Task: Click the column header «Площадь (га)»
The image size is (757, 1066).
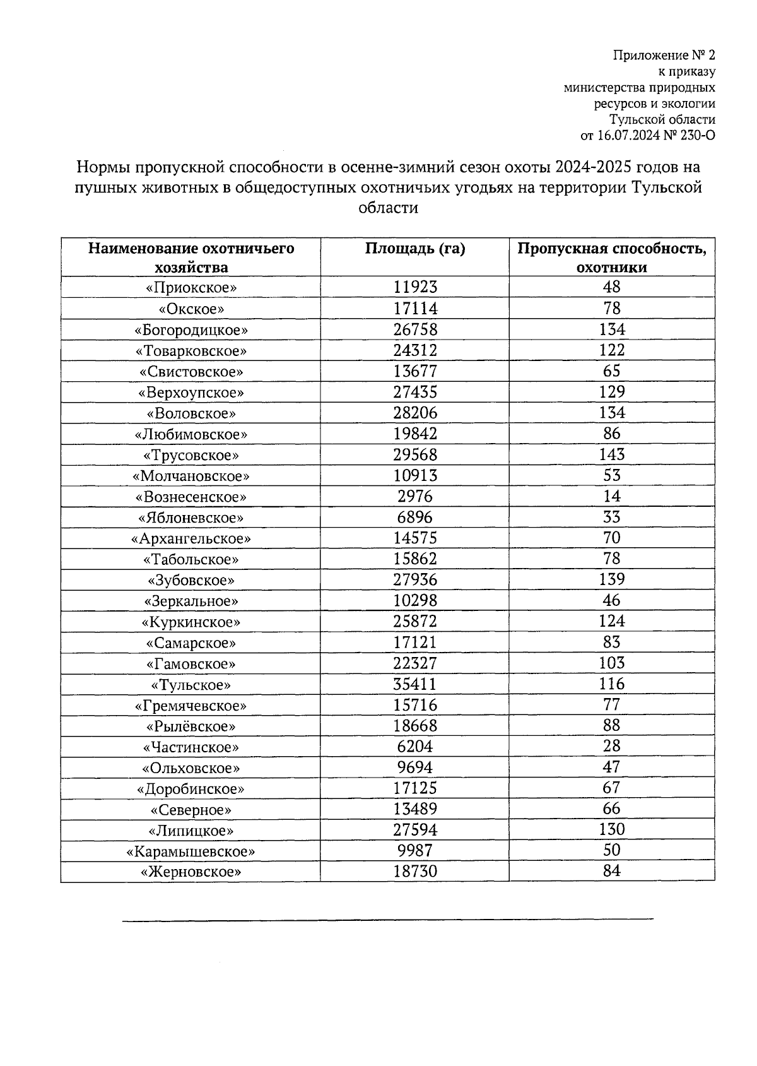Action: click(x=414, y=249)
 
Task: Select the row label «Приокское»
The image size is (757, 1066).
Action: click(x=191, y=288)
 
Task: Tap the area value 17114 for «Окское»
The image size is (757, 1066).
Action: click(x=414, y=308)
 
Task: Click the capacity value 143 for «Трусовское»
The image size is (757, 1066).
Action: click(x=611, y=454)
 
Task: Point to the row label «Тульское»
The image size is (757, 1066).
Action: click(x=191, y=685)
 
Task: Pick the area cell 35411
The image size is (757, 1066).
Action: click(x=414, y=684)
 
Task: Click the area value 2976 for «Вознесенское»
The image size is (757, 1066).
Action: click(x=414, y=496)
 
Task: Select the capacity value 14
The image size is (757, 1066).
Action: click(x=611, y=496)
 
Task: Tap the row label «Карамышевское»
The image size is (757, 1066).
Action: click(x=191, y=851)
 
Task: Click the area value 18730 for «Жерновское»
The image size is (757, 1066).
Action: click(x=414, y=872)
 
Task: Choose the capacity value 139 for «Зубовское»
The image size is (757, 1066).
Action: click(x=611, y=579)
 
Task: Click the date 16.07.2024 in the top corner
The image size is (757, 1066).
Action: click(x=625, y=135)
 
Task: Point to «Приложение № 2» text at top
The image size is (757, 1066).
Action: click(x=664, y=56)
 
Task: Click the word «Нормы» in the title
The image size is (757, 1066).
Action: click(x=96, y=168)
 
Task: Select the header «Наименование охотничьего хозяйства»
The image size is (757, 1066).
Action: click(x=191, y=258)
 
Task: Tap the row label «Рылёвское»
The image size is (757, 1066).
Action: click(x=191, y=726)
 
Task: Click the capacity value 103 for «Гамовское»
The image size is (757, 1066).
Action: click(x=611, y=663)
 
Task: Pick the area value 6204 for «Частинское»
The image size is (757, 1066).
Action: click(x=414, y=747)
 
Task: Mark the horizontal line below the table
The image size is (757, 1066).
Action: click(x=387, y=920)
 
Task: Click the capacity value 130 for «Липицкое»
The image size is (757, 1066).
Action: click(x=611, y=829)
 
